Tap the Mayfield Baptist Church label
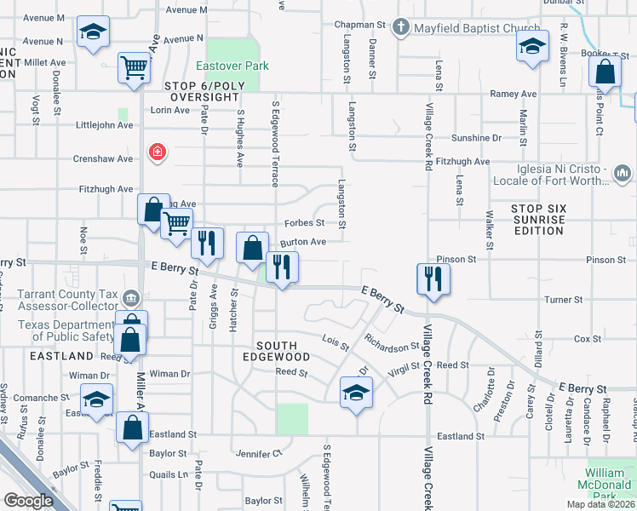click(477, 28)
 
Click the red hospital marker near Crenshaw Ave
click(157, 152)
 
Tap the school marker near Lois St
click(355, 393)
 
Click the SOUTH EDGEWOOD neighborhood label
click(284, 351)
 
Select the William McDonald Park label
click(611, 478)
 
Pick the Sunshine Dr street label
click(477, 137)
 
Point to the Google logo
click(28, 501)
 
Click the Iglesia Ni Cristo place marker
click(622, 174)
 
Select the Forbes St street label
click(309, 223)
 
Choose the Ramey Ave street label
click(512, 94)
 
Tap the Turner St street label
click(563, 300)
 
